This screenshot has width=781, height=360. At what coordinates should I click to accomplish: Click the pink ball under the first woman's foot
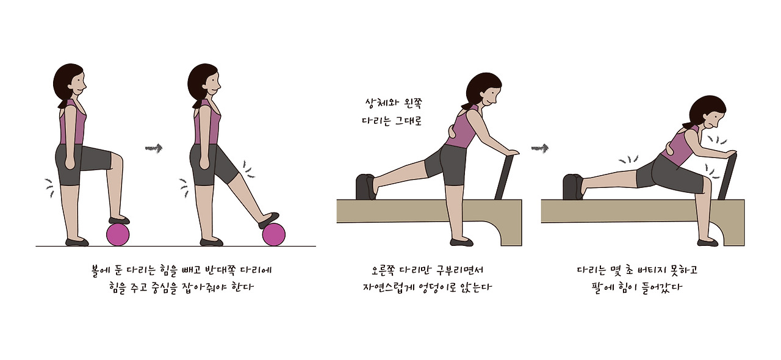[x=118, y=235]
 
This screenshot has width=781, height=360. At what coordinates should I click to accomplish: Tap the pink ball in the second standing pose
[x=274, y=235]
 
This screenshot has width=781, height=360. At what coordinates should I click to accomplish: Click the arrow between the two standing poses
[x=154, y=148]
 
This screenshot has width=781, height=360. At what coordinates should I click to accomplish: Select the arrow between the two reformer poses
[x=539, y=148]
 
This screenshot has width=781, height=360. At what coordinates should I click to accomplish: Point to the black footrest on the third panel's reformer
[x=365, y=187]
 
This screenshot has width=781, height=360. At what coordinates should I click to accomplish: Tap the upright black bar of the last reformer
[x=727, y=177]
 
